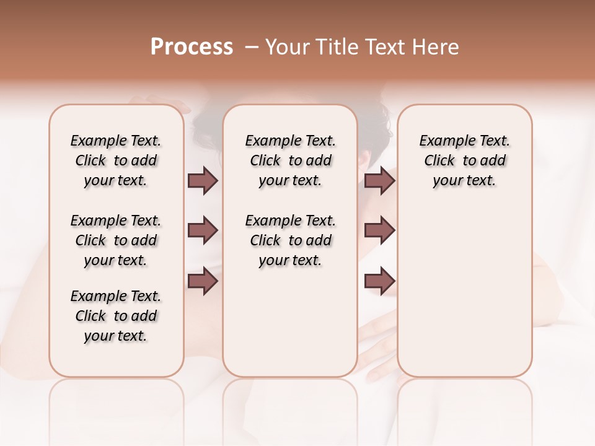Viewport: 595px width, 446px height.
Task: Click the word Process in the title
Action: point(192,46)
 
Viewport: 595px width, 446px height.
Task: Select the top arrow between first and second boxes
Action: point(203,181)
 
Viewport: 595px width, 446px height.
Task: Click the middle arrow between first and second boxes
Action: point(203,230)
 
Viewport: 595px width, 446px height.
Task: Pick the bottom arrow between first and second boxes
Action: point(203,281)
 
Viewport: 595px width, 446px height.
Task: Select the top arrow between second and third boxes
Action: point(379,181)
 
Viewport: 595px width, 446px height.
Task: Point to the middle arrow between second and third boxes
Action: point(379,230)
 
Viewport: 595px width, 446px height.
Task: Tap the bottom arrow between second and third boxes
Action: point(379,281)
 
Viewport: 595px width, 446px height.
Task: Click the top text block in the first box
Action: point(116,160)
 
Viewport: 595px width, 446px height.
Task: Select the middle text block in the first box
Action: point(116,240)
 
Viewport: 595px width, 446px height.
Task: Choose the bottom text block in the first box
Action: point(116,316)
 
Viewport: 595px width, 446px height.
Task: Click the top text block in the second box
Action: point(290,160)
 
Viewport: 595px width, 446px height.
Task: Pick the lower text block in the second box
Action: point(290,240)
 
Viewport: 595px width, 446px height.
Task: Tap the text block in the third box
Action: point(465,160)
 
